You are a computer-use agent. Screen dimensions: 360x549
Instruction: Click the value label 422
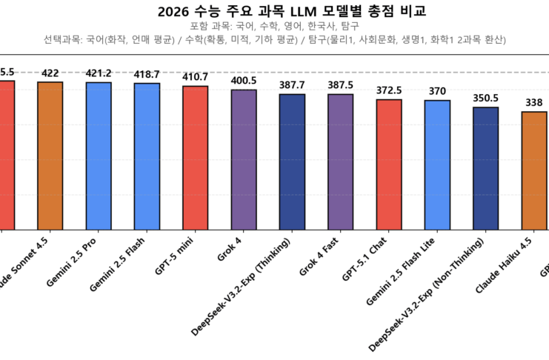(x=50, y=73)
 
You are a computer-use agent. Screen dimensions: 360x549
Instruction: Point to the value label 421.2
(x=99, y=74)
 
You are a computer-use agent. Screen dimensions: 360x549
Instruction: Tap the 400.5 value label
(x=244, y=81)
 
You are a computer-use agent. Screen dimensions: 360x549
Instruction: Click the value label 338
(x=533, y=103)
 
